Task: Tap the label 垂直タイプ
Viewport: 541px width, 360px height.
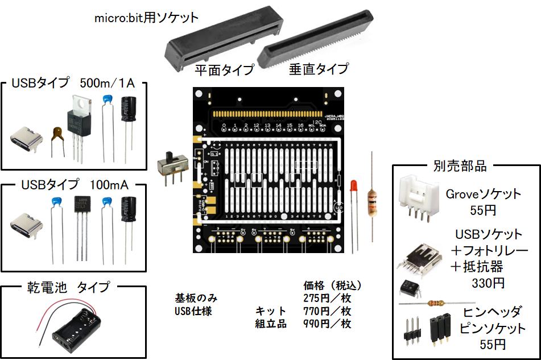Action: [319, 69]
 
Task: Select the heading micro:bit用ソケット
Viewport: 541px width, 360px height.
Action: [147, 18]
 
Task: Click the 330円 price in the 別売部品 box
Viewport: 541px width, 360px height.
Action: [488, 282]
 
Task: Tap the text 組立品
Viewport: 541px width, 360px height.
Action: [271, 324]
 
